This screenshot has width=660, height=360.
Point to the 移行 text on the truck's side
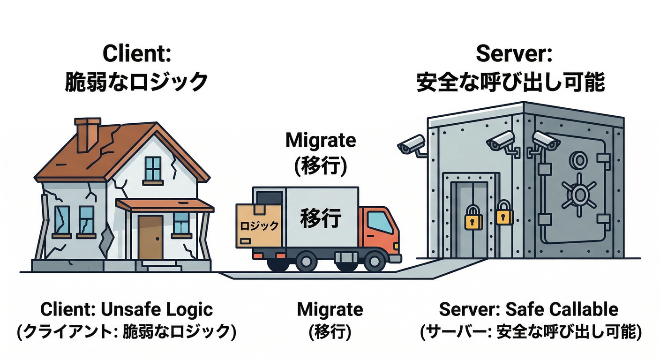321,219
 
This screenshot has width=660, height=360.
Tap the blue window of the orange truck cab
379,222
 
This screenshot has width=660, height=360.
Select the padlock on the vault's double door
473,218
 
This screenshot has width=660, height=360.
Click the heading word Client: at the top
136,54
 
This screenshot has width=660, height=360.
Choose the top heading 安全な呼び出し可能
510,82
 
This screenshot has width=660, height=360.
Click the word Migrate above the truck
321,141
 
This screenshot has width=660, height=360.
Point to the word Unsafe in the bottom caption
136,310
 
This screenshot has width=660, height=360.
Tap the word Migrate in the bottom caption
330,310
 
